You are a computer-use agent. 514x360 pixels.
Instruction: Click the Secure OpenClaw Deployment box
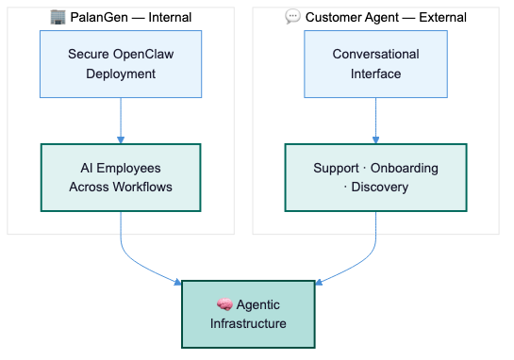[121, 64]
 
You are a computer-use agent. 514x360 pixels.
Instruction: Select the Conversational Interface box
[375, 64]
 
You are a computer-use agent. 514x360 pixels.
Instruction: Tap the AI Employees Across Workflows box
[121, 177]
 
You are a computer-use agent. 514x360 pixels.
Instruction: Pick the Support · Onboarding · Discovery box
[375, 177]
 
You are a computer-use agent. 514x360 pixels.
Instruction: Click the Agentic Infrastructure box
[248, 314]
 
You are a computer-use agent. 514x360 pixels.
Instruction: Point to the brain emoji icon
[224, 304]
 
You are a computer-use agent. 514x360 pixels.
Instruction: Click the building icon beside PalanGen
[58, 17]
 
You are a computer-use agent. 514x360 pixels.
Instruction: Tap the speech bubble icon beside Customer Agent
[292, 16]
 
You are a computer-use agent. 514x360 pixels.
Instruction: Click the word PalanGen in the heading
[99, 17]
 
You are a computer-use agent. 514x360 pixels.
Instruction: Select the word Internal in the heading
[170, 17]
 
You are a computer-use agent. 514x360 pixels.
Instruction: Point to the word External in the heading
[442, 17]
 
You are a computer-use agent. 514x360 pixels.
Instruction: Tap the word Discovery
[379, 187]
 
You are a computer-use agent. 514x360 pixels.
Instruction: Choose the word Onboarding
[405, 168]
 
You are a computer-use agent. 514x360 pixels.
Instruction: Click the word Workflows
[142, 187]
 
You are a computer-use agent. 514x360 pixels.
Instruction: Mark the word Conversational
[375, 54]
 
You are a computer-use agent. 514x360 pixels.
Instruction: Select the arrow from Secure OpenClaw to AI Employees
[121, 121]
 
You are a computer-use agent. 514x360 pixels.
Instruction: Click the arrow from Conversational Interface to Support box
[375, 121]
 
